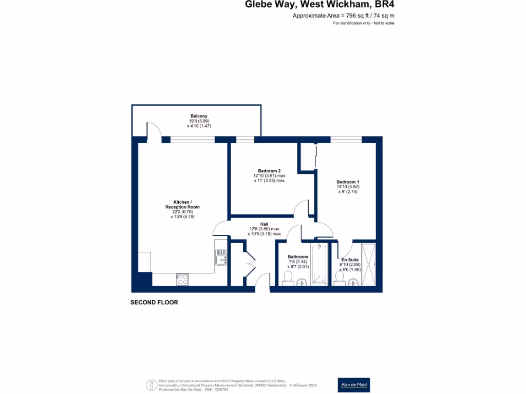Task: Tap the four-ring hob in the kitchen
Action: click(x=182, y=279)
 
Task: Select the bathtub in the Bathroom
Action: click(x=319, y=265)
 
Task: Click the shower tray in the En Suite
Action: click(x=369, y=265)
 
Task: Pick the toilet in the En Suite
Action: click(x=339, y=278)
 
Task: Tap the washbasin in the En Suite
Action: click(x=352, y=281)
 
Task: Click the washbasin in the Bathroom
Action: click(x=302, y=281)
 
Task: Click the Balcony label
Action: click(x=199, y=116)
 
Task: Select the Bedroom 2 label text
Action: click(x=269, y=171)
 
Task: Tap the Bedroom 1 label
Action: click(x=348, y=182)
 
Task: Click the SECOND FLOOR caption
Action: click(x=154, y=303)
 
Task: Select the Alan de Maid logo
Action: click(x=354, y=385)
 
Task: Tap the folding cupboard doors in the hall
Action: click(x=250, y=264)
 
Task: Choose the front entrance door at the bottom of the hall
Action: click(x=262, y=282)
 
